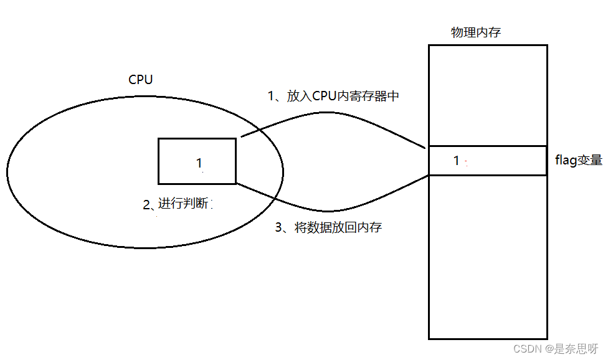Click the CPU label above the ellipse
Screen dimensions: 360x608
140,80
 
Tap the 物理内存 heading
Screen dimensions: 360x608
475,32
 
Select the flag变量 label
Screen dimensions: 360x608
579,161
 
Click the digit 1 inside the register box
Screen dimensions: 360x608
199,163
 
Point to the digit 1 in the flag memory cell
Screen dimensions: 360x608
457,161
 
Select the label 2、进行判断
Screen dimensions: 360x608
178,204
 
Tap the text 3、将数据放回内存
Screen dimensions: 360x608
328,228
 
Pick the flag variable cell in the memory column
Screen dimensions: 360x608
498,161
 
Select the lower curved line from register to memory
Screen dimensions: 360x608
330,209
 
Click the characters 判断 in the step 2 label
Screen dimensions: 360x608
198,204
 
